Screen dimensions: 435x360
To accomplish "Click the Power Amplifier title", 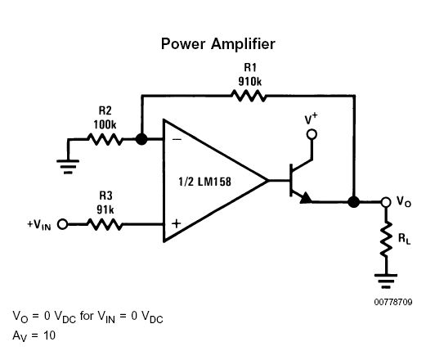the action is [218, 44].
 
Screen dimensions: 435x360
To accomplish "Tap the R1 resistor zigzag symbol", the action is [249, 96].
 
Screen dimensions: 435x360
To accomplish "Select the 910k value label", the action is [250, 81].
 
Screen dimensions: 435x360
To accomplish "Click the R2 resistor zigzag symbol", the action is [105, 139].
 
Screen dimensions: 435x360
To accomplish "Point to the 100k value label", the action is [105, 124].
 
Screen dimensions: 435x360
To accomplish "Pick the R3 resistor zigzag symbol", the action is [105, 224].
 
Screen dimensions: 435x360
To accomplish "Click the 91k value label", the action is [105, 209].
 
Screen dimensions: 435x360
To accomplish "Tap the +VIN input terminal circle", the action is [63, 224].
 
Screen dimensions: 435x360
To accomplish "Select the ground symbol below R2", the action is [68, 167].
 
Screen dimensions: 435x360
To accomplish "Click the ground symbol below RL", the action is [386, 281].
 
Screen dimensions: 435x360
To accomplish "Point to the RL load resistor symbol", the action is [386, 239].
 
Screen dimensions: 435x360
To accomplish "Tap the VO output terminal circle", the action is [386, 202].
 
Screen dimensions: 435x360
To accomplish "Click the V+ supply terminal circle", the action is [312, 134].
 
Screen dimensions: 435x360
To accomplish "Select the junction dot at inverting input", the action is [141, 139].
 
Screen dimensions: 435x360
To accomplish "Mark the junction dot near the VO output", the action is [354, 202].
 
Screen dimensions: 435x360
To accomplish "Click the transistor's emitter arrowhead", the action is [306, 198].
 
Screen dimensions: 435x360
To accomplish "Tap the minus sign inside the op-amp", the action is [177, 139].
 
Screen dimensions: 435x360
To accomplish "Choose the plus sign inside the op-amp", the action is [177, 223].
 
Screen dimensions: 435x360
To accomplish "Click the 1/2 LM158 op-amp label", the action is [204, 182].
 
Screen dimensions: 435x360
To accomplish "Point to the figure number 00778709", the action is [393, 302].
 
